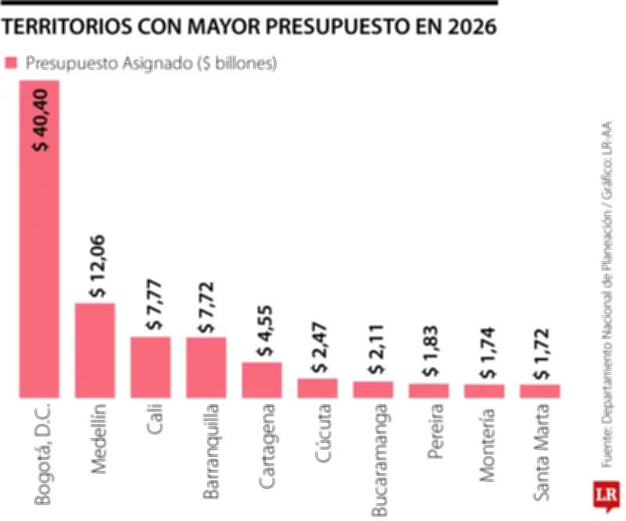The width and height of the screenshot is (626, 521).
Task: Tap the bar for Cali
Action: click(150, 367)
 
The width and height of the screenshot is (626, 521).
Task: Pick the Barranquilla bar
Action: click(206, 368)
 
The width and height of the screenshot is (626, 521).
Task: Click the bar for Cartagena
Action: click(261, 380)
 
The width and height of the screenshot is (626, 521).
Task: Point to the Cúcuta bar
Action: click(317, 389)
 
